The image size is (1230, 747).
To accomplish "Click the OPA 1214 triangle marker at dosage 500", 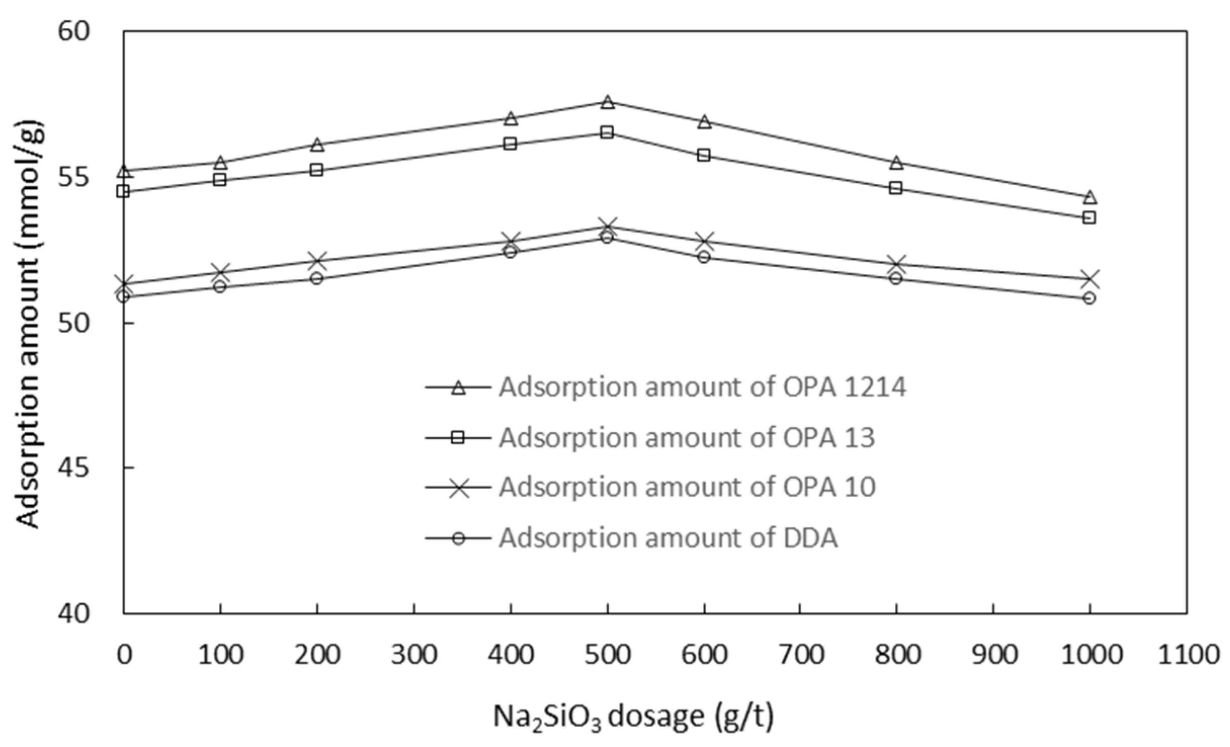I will [607, 102].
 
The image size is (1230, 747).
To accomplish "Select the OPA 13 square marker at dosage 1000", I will [1089, 218].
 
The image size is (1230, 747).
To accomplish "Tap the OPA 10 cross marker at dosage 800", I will [896, 264].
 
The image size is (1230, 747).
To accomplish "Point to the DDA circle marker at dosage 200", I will [317, 278].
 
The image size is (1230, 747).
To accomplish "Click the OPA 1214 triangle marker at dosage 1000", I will [1089, 197].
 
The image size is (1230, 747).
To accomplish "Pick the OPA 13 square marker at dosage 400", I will [511, 144].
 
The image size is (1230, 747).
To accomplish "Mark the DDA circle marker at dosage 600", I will [704, 257].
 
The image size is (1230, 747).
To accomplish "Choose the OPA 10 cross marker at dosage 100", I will [220, 272].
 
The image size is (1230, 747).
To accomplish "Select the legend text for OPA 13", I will [687, 438].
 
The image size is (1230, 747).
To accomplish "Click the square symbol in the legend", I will [458, 438].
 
